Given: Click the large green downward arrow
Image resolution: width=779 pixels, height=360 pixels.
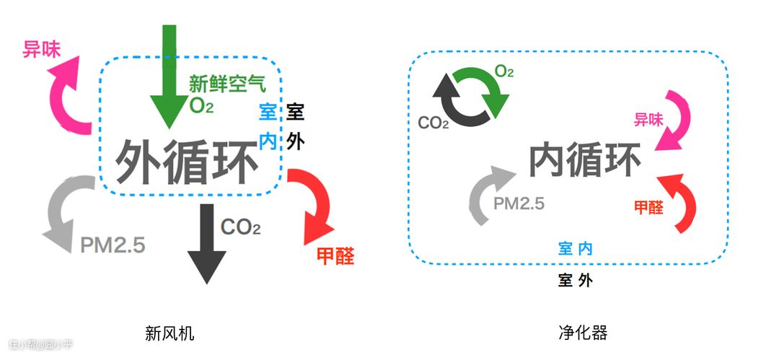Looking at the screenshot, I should [170, 79].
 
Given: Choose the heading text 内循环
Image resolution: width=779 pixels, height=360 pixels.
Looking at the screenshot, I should [585, 160].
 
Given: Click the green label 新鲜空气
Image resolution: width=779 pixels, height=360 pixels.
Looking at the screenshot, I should [227, 83].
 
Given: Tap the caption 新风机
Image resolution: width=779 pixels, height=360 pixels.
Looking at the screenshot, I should [170, 333].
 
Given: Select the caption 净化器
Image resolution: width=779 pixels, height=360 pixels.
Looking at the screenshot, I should [583, 333].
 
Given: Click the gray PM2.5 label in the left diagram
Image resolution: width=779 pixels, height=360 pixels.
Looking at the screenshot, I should [113, 245].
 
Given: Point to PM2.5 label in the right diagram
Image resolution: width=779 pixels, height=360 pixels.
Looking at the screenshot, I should [519, 203].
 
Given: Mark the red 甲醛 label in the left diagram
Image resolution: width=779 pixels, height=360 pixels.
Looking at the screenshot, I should [336, 255].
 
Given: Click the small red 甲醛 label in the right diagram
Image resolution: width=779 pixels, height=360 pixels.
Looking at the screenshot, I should [649, 207].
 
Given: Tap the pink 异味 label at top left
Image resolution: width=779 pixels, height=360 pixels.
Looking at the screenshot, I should [41, 49].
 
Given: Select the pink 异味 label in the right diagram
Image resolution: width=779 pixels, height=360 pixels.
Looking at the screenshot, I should [648, 120].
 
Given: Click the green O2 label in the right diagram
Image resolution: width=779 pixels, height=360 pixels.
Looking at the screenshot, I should [504, 71].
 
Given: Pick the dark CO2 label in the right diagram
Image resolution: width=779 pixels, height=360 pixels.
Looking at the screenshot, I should [433, 123].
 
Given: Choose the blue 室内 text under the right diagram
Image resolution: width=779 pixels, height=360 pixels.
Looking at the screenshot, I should [576, 249].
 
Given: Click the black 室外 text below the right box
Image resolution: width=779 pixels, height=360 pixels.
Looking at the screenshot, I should [576, 280].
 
